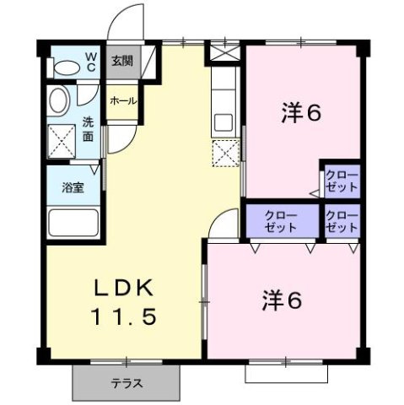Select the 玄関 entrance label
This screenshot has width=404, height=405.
(121, 61)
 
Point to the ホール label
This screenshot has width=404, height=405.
(121, 100)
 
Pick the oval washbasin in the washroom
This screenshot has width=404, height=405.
(57, 101)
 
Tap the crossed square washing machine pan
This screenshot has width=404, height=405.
(62, 141)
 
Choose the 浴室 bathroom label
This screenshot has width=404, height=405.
(73, 187)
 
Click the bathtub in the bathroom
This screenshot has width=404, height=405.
(74, 224)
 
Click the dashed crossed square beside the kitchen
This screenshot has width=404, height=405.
(225, 154)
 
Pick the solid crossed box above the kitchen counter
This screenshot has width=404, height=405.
(224, 51)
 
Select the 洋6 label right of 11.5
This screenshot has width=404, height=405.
(281, 300)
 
